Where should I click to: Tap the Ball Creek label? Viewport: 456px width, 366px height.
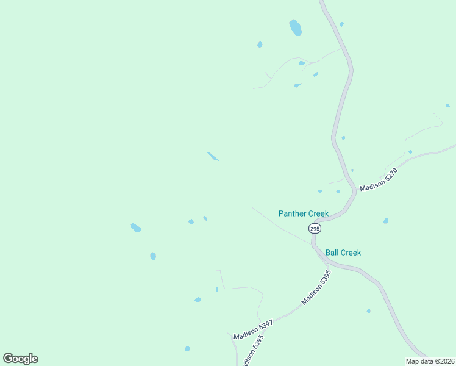[x=343, y=253]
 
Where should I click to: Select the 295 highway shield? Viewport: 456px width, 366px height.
[x=314, y=228]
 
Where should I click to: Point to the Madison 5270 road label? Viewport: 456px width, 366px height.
[x=379, y=180]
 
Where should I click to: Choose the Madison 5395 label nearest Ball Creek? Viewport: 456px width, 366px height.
[x=316, y=288]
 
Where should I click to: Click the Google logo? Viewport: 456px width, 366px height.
[x=21, y=359]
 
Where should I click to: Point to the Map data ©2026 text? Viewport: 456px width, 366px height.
[x=430, y=361]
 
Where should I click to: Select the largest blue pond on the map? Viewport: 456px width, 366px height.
[x=296, y=27]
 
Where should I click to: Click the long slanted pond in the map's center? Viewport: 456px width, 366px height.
[x=213, y=157]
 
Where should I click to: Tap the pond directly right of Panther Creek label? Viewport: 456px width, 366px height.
[x=386, y=221]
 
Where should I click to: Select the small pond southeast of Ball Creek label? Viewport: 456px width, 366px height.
[x=368, y=311]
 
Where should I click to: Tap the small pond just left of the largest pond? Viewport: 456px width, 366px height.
[x=260, y=45]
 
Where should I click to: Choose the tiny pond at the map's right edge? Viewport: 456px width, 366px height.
[x=448, y=106]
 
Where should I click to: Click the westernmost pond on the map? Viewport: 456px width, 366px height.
[x=135, y=228]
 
